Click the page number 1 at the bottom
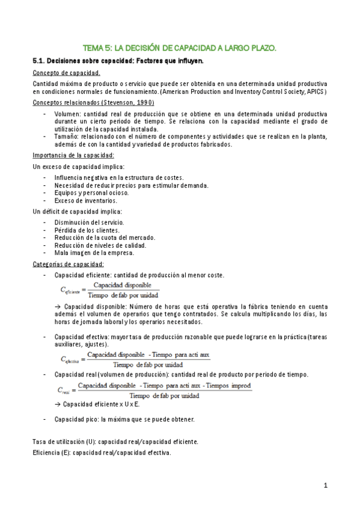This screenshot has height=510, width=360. [325, 484]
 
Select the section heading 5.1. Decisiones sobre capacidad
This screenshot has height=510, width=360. [118, 61]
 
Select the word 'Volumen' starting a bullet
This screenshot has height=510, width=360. [67, 113]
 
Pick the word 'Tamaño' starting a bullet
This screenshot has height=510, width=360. [66, 136]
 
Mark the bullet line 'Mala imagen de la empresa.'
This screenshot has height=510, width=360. [94, 253]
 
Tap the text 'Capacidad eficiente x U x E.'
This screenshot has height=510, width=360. [100, 404]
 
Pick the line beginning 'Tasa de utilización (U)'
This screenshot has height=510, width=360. [115, 441]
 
